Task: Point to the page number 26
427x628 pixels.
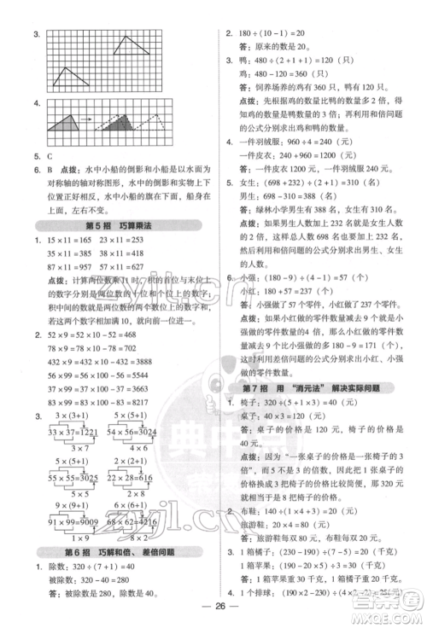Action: tap(213, 616)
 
